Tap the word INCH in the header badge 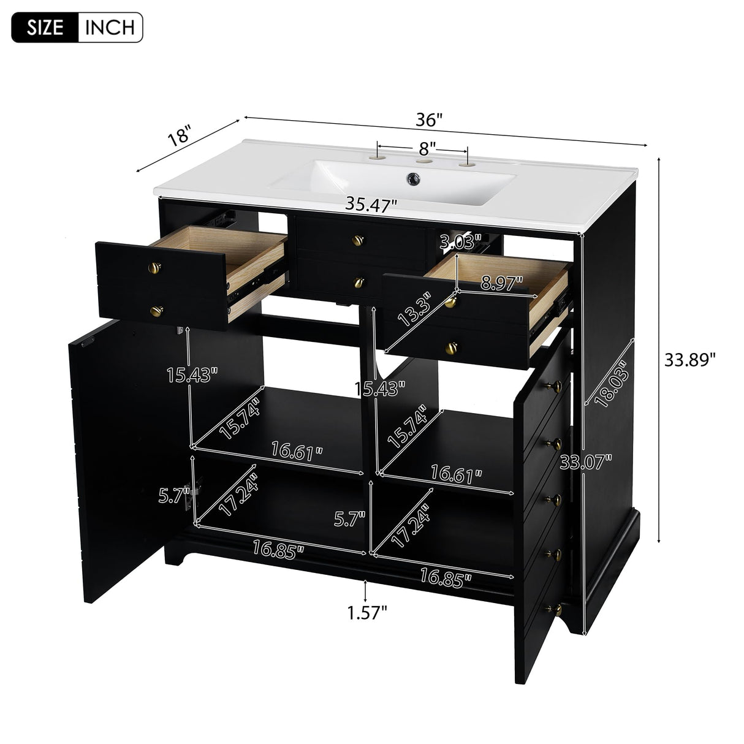110,28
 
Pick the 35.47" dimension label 371,205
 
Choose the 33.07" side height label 586,461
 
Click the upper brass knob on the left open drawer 156,267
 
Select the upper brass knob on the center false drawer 358,241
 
